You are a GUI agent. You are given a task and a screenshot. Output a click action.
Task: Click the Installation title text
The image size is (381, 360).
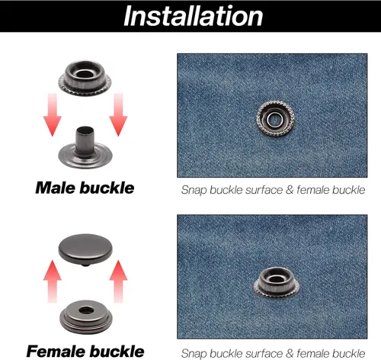[193, 16]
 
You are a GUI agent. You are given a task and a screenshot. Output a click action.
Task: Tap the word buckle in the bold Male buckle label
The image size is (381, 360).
[107, 188]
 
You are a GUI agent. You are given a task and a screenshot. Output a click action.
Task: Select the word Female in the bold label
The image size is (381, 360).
[56, 352]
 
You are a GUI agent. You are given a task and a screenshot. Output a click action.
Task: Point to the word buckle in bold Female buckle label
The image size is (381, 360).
[117, 352]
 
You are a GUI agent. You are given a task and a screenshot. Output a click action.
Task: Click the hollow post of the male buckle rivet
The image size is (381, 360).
[85, 140]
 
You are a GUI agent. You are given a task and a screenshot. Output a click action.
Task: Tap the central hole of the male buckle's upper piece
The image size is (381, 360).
[84, 74]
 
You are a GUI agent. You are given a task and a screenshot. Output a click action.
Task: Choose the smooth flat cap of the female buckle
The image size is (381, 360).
[85, 249]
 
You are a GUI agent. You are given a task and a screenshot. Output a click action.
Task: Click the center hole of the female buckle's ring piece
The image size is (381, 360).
[85, 310]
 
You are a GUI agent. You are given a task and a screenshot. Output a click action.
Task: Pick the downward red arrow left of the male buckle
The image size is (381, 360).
[53, 114]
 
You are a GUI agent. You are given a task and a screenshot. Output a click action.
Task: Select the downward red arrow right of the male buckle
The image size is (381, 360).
[118, 114]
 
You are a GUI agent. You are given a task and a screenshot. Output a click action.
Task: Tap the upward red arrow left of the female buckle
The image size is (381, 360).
[53, 281]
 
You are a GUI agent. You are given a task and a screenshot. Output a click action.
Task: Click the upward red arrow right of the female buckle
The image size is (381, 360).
[118, 281]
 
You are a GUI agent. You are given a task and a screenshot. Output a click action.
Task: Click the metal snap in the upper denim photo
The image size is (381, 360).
[275, 118]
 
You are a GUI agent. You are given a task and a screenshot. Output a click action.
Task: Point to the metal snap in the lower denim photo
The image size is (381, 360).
[277, 282]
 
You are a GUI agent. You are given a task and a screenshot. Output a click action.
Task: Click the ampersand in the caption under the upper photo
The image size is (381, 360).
[290, 190]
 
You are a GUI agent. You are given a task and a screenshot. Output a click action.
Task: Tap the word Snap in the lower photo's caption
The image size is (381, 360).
[194, 353]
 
